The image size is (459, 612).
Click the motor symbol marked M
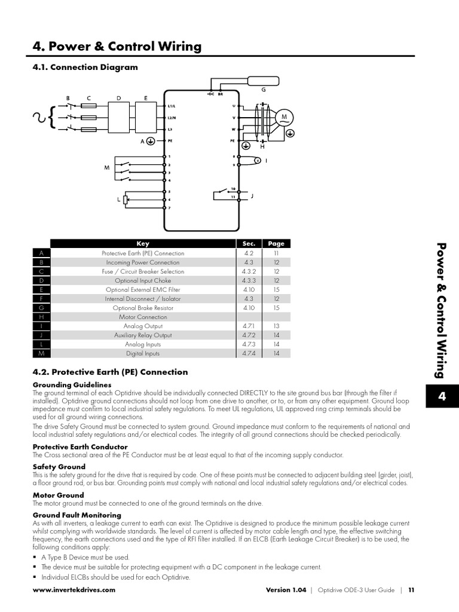coord(284,117)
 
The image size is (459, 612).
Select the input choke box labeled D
coord(118,117)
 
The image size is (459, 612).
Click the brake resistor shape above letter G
coord(263,81)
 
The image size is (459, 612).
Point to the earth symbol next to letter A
coord(151,142)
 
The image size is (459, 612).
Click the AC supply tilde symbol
coord(41,117)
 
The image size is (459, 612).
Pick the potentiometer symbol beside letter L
coord(126,200)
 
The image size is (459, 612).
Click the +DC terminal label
coord(210,94)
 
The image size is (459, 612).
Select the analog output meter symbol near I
coord(258,161)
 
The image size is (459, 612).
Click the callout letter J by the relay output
coord(252,195)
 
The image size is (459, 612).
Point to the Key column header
coord(143,244)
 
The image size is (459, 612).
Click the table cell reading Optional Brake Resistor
coord(143,308)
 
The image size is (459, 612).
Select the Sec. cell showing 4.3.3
coord(249,280)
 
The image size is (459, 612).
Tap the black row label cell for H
coord(41,317)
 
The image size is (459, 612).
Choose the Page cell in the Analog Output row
coord(276,326)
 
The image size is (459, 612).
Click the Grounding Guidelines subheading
coord(72,384)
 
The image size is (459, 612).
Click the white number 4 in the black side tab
coord(442,397)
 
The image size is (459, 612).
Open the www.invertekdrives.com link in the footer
coord(74,590)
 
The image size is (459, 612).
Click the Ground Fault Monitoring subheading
coord(76,515)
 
